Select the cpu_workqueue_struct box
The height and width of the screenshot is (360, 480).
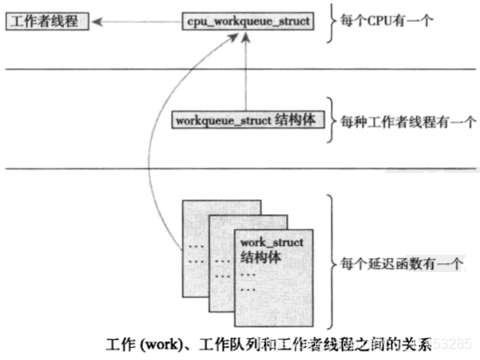pos(248,18)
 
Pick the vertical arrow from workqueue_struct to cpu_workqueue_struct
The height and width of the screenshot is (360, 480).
pos(248,70)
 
